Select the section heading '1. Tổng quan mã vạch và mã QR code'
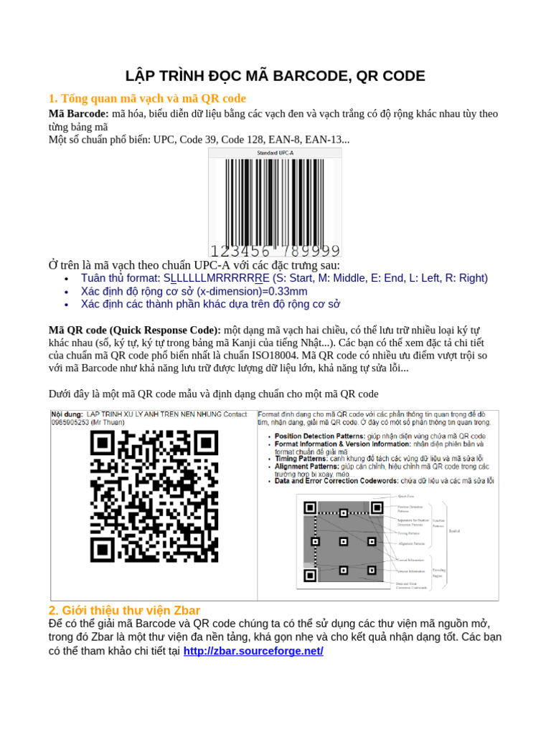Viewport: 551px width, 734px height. pyautogui.click(x=147, y=98)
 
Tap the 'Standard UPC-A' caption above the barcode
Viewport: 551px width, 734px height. pyautogui.click(x=275, y=153)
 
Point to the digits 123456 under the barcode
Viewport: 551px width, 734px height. pyautogui.click(x=241, y=250)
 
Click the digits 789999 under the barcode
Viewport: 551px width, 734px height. pyautogui.click(x=310, y=250)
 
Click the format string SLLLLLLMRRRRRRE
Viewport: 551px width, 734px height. pyautogui.click(x=217, y=278)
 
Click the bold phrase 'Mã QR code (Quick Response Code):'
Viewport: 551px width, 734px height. pyautogui.click(x=135, y=330)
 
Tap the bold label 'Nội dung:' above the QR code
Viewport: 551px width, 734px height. pyautogui.click(x=66, y=414)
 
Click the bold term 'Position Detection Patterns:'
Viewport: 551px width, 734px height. pyautogui.click(x=320, y=436)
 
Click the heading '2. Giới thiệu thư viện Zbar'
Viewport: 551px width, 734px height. pyautogui.click(x=124, y=610)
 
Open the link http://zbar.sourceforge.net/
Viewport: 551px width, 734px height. pyautogui.click(x=253, y=651)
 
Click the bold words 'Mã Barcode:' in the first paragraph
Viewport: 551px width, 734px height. pyautogui.click(x=78, y=114)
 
